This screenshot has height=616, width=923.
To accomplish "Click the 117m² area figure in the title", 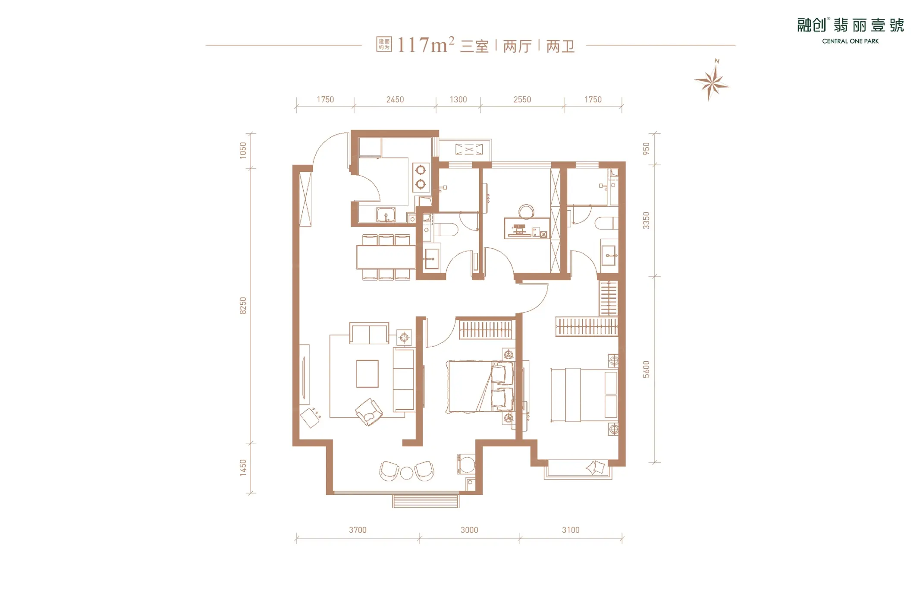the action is coord(426,45).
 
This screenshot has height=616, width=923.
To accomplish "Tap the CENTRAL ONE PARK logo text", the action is coord(850,41).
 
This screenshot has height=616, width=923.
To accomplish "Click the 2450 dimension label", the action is coord(395,100).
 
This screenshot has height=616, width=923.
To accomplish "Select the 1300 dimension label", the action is coord(458,100).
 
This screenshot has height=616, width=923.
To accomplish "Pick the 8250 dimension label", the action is coord(243,306).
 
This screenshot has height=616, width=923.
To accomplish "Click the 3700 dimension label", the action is coord(358,530).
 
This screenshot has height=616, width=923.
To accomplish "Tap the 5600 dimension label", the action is coord(646,370).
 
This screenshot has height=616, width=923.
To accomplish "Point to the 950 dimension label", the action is coord(646,149).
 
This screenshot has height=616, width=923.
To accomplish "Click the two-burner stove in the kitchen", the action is coord(421,177).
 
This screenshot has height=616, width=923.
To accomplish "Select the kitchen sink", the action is coord(386,215).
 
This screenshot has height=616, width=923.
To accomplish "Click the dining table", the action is coord(386,257).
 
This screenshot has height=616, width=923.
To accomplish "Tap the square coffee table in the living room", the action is coord(367,374).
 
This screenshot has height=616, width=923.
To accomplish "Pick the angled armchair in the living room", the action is coord(369,412).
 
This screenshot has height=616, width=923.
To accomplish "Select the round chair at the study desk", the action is coord(526,211).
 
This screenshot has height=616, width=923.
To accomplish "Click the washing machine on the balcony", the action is coord(466,465).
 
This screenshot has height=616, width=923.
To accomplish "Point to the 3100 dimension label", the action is coord(571,530).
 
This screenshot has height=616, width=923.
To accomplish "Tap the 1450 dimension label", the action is coord(243,468).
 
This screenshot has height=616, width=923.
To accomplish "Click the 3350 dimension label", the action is coord(646,221).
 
